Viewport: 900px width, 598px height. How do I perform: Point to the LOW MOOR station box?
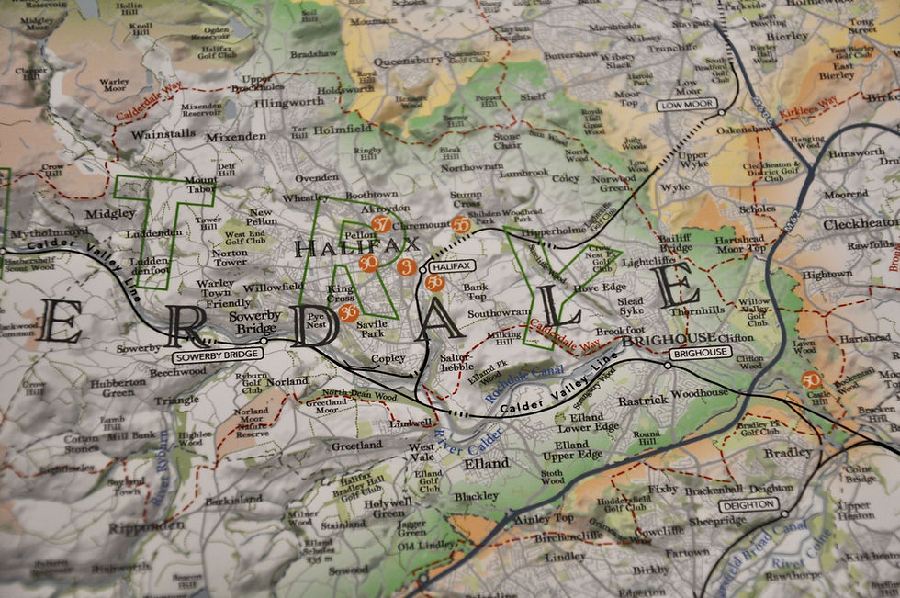pyautogui.click(x=686, y=106)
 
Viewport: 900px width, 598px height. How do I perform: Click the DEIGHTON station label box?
pyautogui.click(x=748, y=505)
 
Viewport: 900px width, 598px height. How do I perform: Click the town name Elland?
pyautogui.click(x=486, y=464)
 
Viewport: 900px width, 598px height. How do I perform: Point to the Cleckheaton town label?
pyautogui.click(x=860, y=223)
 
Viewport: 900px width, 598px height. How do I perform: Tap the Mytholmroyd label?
pyautogui.click(x=36, y=232)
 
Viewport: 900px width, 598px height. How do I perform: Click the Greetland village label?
pyautogui.click(x=356, y=446)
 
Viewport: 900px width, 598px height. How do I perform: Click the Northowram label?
pyautogui.click(x=472, y=167)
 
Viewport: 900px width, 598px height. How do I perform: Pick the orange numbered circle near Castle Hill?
pyautogui.click(x=810, y=379)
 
